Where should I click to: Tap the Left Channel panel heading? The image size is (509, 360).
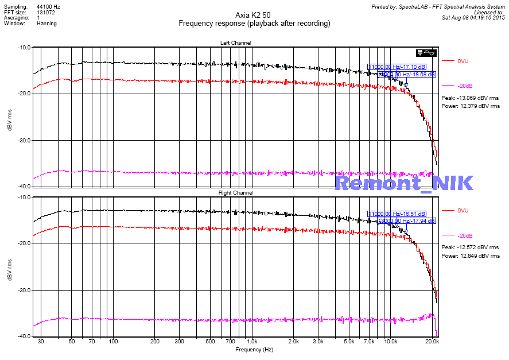coord(235,43)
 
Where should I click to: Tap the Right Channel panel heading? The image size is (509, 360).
coord(235,193)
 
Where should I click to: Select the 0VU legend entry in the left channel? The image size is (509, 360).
coord(464,60)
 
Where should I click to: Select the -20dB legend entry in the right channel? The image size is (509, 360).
coord(465,236)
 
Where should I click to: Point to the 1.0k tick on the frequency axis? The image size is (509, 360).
coord(252,341)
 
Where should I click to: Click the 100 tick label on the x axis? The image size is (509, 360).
coord(113,341)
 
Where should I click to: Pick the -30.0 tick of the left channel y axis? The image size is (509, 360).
coord(24,140)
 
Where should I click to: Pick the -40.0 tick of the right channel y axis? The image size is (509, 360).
coord(24,336)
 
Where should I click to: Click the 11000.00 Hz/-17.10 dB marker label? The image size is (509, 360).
coord(397,67)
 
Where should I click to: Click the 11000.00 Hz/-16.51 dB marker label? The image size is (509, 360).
coord(397,214)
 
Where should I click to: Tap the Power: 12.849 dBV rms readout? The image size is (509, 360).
coord(471,256)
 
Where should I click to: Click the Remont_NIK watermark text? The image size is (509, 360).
coord(404,183)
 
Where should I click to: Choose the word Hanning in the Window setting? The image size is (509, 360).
coord(46,24)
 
